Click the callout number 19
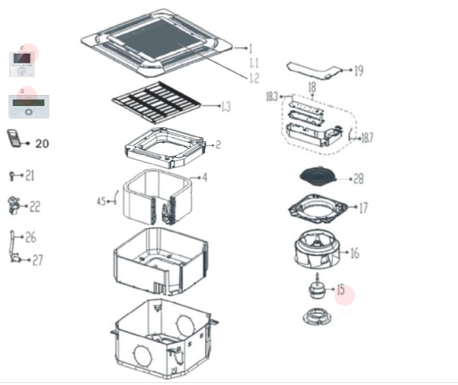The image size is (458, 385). (359, 70)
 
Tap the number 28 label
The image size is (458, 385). (358, 179)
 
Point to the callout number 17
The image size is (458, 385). (363, 207)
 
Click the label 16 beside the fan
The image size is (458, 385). (355, 253)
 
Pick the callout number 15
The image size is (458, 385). (341, 290)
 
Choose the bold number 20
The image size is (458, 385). (41, 143)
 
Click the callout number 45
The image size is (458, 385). (101, 201)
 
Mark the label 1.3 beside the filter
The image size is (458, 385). (226, 106)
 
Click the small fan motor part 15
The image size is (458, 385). (318, 289)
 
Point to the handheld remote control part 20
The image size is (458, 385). (14, 138)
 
